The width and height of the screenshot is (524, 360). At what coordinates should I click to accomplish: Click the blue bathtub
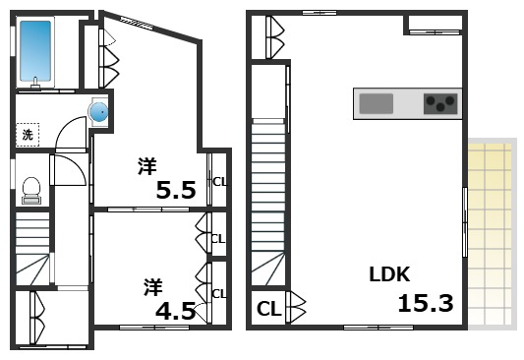(36, 52)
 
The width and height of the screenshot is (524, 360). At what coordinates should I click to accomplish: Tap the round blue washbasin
(99, 113)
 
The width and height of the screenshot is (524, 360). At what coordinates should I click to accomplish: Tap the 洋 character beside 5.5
(146, 166)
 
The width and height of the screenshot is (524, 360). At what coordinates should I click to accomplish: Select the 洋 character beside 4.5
(152, 287)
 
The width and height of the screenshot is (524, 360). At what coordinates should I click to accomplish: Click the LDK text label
(388, 274)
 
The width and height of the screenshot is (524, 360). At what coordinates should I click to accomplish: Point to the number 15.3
(425, 303)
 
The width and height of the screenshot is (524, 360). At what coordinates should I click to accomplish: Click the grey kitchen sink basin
(376, 103)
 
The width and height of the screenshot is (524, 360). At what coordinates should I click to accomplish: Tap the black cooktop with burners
(440, 103)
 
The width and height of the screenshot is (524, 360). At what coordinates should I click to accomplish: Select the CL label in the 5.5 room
(219, 181)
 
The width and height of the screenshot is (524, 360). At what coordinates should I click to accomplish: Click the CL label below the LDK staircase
(267, 310)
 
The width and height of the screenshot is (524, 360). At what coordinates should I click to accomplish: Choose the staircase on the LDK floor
(268, 197)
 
